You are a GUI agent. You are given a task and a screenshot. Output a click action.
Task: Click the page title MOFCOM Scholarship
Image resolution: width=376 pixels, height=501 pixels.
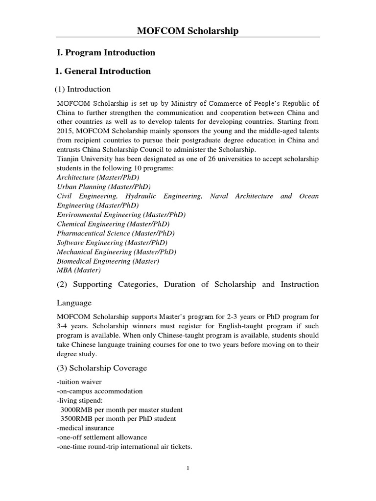(188, 31)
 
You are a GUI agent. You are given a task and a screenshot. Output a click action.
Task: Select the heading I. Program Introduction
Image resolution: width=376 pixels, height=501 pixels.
(106, 52)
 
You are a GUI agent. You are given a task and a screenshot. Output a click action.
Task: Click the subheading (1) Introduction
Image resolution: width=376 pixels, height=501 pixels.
(82, 89)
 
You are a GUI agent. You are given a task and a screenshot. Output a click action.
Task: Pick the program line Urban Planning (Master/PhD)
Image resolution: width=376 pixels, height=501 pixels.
(104, 187)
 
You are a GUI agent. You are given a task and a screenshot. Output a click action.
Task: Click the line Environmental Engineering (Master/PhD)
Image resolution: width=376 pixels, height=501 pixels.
(121, 215)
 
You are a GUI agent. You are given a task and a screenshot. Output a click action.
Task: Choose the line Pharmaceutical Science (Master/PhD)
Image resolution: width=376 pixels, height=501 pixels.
(116, 233)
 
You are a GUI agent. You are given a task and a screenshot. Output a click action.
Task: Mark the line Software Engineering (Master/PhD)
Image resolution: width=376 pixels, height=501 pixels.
(112, 243)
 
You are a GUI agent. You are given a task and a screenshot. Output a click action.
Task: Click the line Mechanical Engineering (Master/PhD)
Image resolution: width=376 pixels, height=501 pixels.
(117, 252)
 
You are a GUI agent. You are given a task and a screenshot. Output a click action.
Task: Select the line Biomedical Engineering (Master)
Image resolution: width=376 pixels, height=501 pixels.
(108, 261)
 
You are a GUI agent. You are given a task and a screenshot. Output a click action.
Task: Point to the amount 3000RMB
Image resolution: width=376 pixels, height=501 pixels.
(76, 410)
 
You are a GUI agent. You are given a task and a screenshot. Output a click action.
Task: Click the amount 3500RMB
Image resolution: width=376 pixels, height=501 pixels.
(76, 419)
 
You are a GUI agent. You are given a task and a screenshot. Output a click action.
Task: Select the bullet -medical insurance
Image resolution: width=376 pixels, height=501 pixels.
(86, 428)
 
